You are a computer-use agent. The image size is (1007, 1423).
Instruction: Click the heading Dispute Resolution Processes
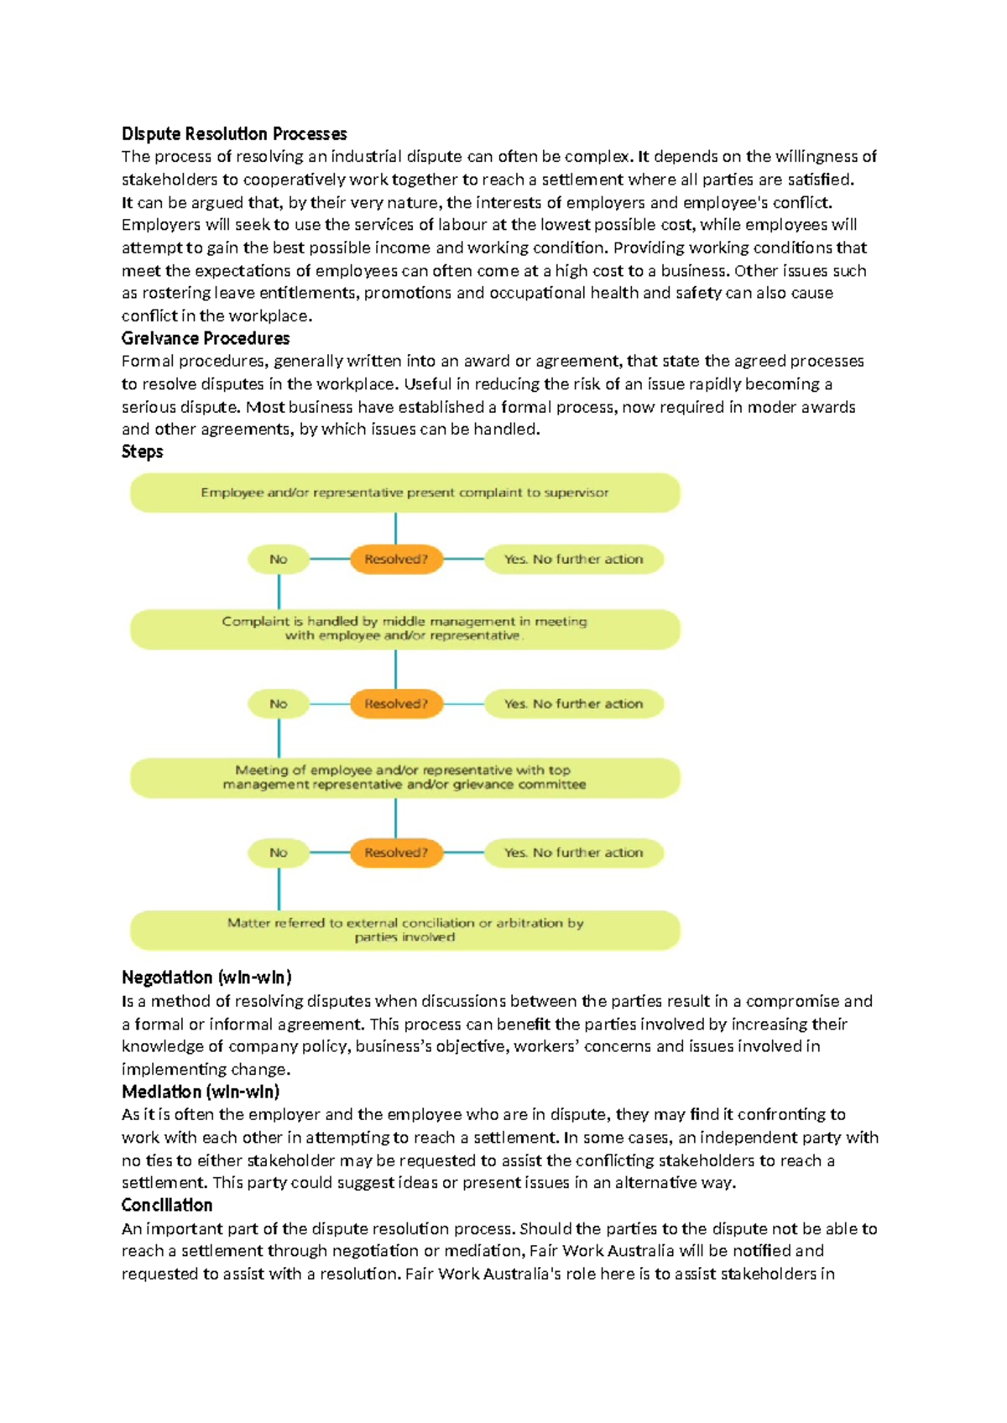coord(233,133)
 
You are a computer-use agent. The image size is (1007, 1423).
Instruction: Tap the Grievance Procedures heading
coord(206,338)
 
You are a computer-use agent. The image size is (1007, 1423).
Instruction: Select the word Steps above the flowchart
coord(142,451)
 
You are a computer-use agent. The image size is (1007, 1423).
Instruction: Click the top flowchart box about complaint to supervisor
coord(404,493)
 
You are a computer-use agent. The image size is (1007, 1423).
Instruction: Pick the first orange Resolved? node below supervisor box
coord(396,559)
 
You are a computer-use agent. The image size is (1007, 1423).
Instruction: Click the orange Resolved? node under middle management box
coord(396,704)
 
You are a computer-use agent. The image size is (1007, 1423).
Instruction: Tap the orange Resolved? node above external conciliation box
coord(396,852)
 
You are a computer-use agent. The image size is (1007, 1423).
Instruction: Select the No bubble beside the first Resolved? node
coord(279,559)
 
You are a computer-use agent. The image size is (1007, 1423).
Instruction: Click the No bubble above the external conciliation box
coord(279,852)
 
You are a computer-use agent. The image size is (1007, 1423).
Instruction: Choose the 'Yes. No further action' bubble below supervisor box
coord(573,559)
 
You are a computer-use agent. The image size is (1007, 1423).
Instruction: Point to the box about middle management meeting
coord(404,628)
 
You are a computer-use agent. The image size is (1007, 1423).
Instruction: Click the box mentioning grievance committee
coord(404,777)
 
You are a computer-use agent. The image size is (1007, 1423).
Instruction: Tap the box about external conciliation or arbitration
coord(404,930)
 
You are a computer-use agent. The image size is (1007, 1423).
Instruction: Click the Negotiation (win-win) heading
coord(206,977)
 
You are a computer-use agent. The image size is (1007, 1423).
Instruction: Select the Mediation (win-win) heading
coord(201,1092)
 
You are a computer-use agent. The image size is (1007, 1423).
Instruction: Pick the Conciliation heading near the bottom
coord(166,1205)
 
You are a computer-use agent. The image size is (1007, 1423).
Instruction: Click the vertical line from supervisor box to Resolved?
coord(395,529)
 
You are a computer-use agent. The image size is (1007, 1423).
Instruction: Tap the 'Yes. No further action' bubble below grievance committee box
coord(573,852)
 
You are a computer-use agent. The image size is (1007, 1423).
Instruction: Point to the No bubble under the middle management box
coord(279,704)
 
